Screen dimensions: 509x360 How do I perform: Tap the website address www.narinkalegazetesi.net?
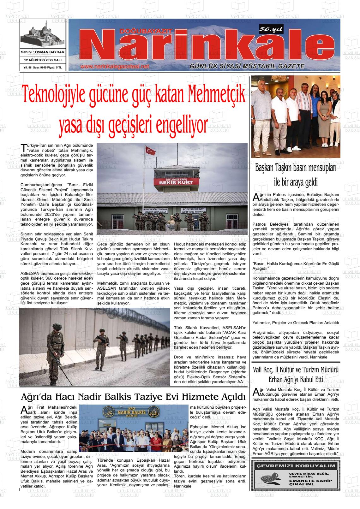tap(114, 67)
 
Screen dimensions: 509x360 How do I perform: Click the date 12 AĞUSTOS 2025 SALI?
tap(43, 60)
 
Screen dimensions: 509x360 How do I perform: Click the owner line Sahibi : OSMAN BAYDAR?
tap(43, 52)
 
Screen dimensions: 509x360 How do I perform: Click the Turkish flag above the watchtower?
tap(150, 151)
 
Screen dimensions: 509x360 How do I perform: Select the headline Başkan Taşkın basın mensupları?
tap(296, 167)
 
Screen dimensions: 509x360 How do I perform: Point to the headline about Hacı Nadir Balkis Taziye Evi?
tap(133, 396)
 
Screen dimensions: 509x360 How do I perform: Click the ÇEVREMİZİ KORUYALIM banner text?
tap(296, 466)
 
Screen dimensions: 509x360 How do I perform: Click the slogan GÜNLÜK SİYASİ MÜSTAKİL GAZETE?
tap(247, 66)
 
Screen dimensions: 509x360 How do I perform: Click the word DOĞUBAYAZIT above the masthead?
tap(146, 31)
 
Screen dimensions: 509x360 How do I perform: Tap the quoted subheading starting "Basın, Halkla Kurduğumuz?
tap(296, 266)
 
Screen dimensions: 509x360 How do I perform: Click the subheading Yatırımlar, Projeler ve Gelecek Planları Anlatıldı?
tap(296, 323)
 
